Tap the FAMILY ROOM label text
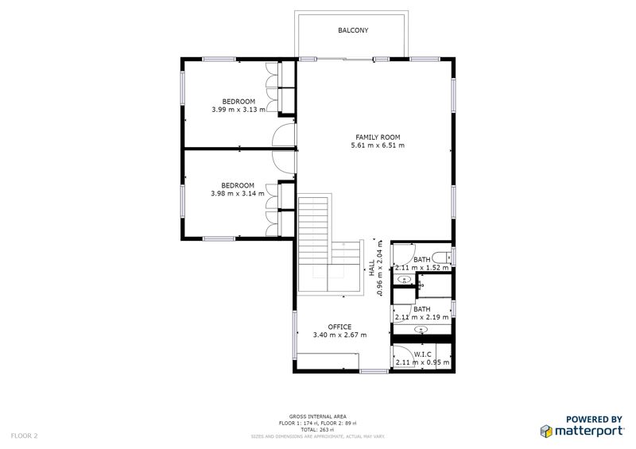point(377,137)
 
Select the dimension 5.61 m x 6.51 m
point(377,146)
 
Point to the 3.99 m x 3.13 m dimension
point(238,110)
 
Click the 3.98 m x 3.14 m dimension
point(238,194)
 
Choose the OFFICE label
point(339,327)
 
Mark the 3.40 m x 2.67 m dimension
point(339,335)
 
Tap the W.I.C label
point(422,354)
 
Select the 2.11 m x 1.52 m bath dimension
point(422,269)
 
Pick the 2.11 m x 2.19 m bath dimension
point(422,317)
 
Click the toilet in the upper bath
point(445,257)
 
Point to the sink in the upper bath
point(405,280)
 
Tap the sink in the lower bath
point(421,328)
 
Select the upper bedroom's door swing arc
point(282,135)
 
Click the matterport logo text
point(588,432)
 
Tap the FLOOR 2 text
point(24,435)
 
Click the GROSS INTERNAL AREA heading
point(317,416)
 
